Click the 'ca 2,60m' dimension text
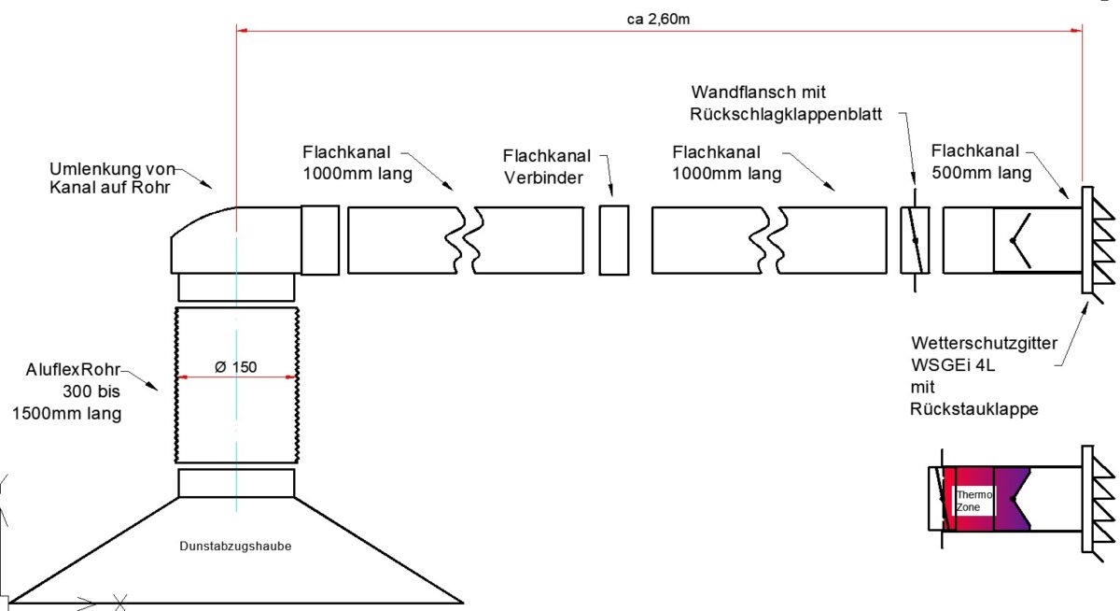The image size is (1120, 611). [x=659, y=19]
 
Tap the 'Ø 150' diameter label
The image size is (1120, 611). [x=236, y=366]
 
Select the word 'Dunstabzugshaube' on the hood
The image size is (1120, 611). [x=235, y=546]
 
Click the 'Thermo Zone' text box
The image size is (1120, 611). [x=973, y=501]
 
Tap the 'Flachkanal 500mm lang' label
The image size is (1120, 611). [x=981, y=162]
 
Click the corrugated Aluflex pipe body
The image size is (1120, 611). [x=236, y=411]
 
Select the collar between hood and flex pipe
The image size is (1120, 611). [x=236, y=483]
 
